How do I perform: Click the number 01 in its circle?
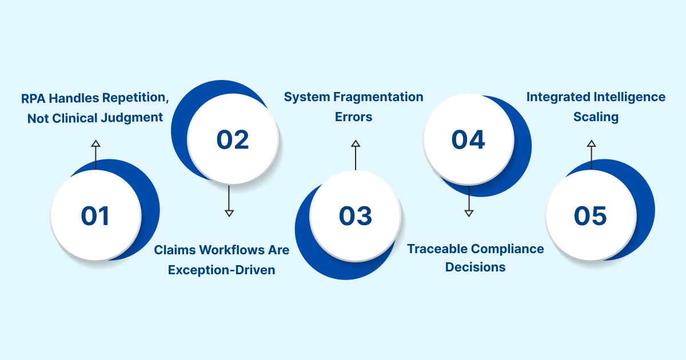(x=95, y=216)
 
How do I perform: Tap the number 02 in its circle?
(x=233, y=140)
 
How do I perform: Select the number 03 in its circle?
(x=356, y=216)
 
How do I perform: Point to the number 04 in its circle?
(x=468, y=140)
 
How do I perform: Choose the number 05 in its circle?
(x=591, y=216)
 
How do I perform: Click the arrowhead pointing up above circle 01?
(x=95, y=143)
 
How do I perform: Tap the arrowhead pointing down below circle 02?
(x=229, y=213)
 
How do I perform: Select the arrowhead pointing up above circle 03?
(x=356, y=143)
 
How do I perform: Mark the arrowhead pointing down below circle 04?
(x=469, y=213)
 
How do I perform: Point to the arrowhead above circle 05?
(x=591, y=143)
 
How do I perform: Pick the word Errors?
(x=354, y=117)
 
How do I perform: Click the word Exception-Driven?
(x=222, y=270)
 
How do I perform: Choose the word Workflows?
(x=232, y=250)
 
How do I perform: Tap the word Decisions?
(x=476, y=267)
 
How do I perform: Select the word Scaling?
(x=596, y=117)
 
